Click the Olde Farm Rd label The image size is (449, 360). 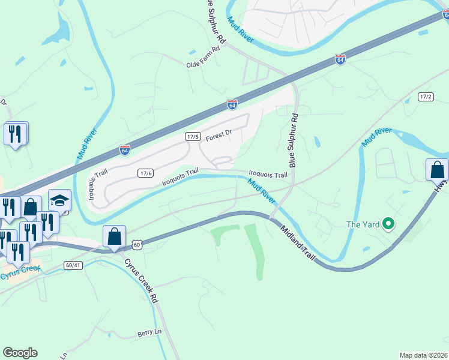(203, 64)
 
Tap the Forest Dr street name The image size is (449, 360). (218, 136)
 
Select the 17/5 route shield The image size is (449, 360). (192, 137)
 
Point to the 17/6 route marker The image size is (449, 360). (146, 173)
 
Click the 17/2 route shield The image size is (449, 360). (426, 97)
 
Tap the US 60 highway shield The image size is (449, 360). (137, 244)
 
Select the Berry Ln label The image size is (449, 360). (149, 332)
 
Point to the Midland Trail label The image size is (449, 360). (298, 243)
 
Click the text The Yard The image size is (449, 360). (363, 225)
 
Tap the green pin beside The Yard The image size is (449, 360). (388, 225)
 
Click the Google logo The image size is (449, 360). (20, 353)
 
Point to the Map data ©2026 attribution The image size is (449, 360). (423, 355)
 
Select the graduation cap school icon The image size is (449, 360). (59, 201)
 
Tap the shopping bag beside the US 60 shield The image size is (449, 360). (114, 236)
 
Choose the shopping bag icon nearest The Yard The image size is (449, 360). (436, 170)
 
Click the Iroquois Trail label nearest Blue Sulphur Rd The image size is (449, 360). (268, 175)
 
